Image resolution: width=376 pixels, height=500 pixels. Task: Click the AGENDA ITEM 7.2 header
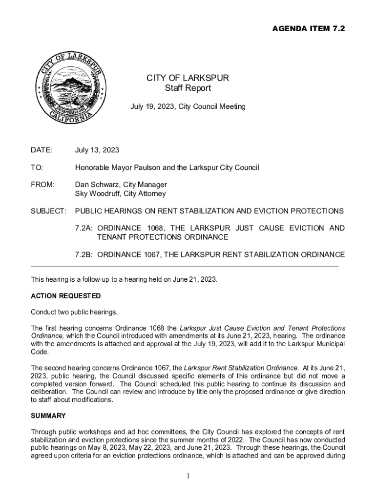click(308, 29)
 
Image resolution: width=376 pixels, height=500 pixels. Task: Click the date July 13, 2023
click(97, 150)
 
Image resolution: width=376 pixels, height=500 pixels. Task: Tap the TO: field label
click(37, 167)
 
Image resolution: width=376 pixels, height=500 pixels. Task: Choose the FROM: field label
click(42, 185)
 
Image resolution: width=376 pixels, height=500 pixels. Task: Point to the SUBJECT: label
click(48, 211)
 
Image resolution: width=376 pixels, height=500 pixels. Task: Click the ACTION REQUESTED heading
click(66, 296)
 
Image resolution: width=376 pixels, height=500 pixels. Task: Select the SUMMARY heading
click(48, 416)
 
